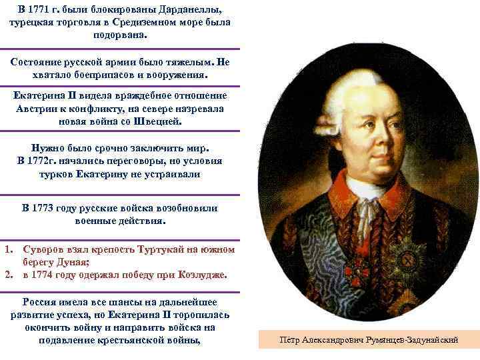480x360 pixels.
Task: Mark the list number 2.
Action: pos(8,275)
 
